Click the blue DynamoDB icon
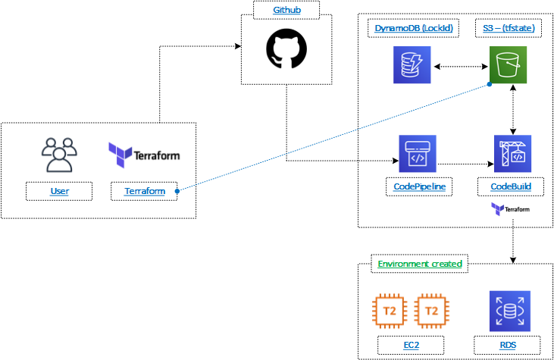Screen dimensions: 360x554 (412, 65)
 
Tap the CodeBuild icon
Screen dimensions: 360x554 (512, 155)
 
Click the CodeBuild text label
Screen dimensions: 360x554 (512, 186)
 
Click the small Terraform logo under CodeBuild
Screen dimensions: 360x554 (510, 208)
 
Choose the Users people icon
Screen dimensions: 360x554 (59, 155)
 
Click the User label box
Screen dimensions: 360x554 (59, 191)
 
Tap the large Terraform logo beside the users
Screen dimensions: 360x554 (144, 155)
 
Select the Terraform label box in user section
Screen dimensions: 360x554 (144, 191)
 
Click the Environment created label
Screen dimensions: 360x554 (420, 265)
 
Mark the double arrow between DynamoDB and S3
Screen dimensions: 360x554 (462, 67)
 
